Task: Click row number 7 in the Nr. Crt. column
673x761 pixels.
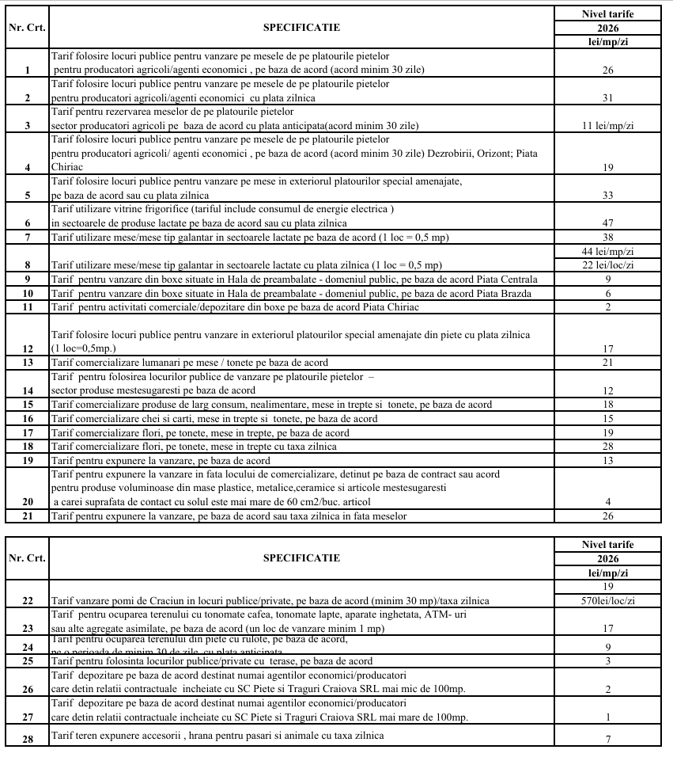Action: click(x=27, y=237)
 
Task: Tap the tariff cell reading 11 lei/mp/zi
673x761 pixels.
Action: click(x=608, y=125)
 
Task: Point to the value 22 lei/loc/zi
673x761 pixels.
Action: click(x=608, y=264)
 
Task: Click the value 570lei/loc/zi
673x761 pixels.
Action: click(x=608, y=600)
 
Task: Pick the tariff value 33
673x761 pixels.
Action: click(x=608, y=195)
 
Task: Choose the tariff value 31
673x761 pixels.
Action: click(x=608, y=97)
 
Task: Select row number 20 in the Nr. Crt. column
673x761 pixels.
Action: click(x=27, y=501)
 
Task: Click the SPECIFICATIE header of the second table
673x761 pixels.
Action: click(x=301, y=557)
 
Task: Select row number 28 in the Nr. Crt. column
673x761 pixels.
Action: click(x=27, y=736)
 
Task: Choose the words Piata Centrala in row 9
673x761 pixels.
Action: click(x=508, y=279)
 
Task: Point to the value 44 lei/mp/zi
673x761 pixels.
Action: click(x=608, y=250)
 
